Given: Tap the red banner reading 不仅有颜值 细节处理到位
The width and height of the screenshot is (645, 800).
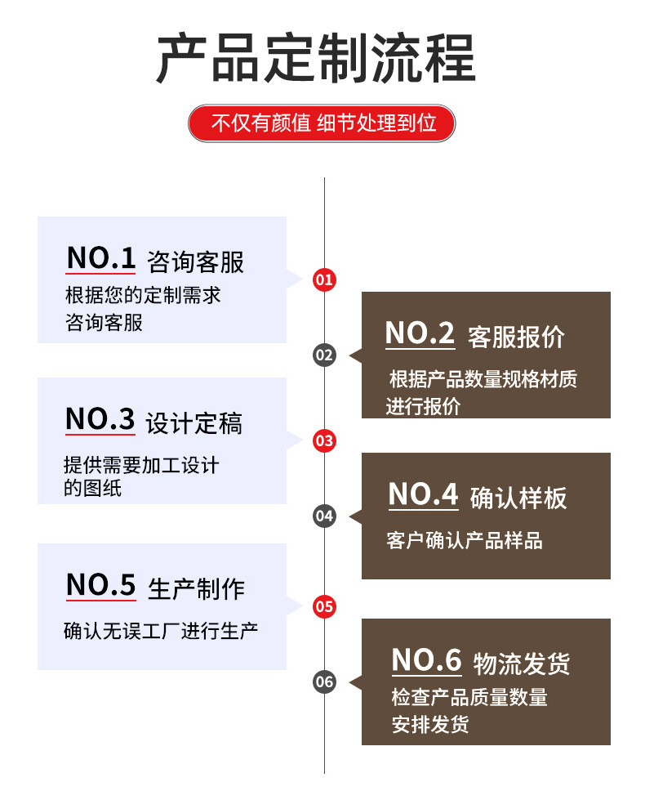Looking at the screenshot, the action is (322, 123).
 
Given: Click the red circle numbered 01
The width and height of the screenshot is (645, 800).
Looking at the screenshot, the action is (324, 280).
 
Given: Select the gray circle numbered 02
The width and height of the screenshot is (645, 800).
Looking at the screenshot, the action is (324, 355).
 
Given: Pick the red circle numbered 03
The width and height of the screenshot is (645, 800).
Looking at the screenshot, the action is (324, 441).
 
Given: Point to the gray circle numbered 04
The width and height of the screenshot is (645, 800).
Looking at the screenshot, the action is (324, 516).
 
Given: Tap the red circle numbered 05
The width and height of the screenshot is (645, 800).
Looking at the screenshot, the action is (324, 606).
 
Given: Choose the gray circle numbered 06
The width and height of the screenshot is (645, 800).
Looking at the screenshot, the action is (324, 682).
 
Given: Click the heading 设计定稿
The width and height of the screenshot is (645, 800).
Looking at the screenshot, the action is (194, 424).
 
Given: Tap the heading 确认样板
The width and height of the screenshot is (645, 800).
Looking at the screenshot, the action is (518, 498).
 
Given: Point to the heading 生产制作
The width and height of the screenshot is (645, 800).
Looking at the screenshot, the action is (196, 588).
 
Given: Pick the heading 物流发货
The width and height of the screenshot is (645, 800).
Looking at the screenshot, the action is (522, 664).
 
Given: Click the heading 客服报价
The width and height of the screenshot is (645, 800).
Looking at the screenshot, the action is (517, 336).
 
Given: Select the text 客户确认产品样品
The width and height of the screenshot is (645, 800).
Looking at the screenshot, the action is (465, 540).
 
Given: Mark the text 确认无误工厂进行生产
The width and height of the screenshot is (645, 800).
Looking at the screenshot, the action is (161, 631).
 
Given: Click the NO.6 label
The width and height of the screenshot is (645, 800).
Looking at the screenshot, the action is (426, 660).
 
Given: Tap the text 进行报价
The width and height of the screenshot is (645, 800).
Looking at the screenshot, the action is (423, 406).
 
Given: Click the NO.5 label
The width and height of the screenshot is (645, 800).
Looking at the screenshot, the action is (100, 585).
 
